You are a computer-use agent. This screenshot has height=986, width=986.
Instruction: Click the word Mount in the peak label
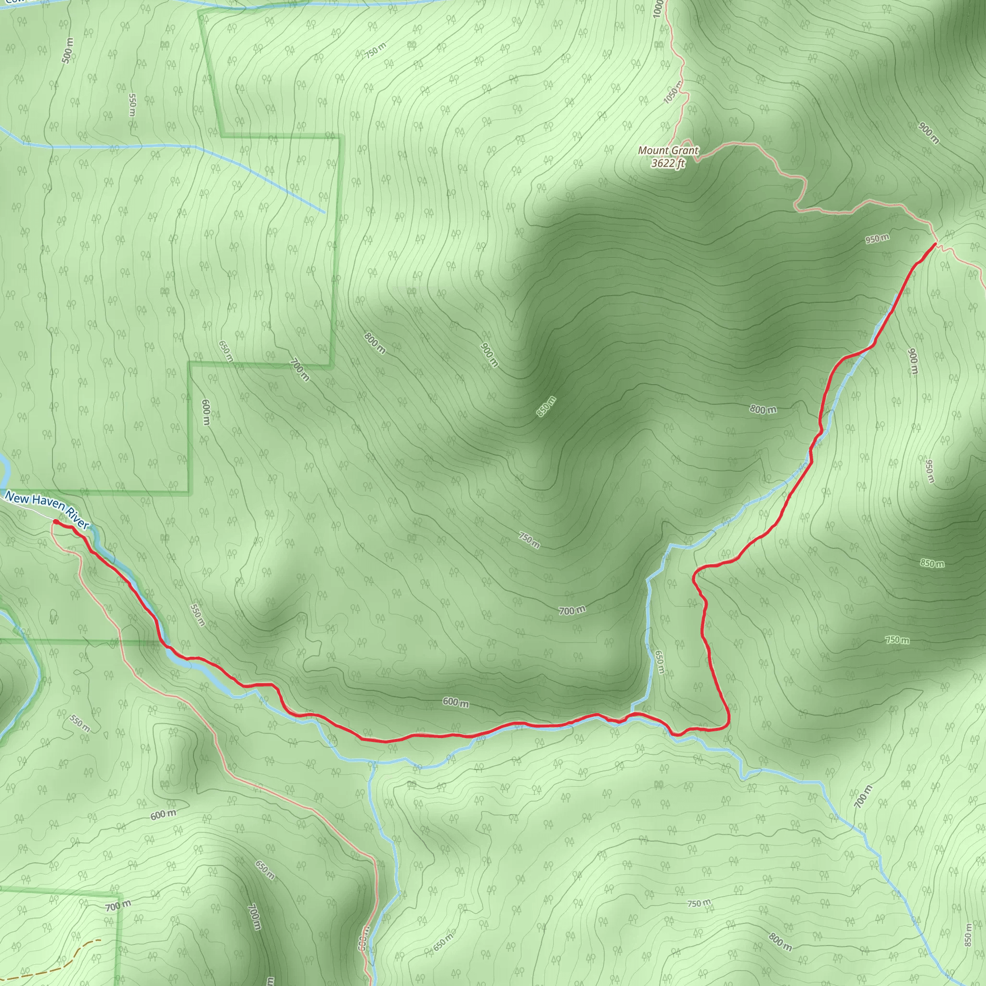coord(653,151)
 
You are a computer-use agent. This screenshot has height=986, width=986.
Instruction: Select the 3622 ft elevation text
coord(668,163)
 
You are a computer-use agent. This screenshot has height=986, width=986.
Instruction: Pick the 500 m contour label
coord(68,51)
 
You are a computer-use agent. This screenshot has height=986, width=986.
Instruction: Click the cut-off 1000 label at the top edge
coord(657,8)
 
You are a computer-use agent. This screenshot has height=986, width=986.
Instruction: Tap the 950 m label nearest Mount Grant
coord(877,238)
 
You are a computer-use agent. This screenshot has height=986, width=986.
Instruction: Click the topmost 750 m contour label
coord(376,50)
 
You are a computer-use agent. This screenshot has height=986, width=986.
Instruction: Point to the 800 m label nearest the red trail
coord(763,409)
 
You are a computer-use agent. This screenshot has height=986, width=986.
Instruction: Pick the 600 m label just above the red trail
coord(455,702)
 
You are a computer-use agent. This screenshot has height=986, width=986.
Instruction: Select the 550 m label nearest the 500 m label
coord(132,104)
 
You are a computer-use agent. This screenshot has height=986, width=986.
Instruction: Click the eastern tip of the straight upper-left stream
coord(324,212)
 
